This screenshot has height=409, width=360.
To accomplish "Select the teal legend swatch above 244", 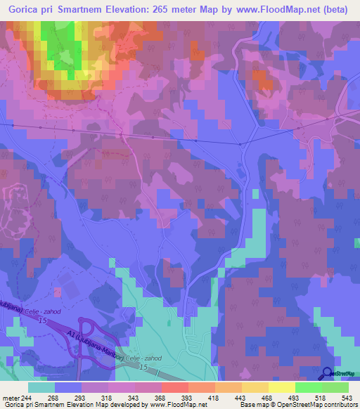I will (41, 387).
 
